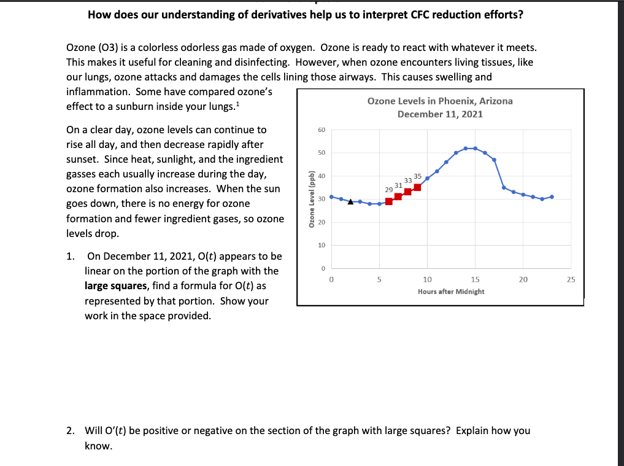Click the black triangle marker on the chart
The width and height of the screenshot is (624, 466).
coord(350,201)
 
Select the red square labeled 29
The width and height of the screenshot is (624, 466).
coord(389,201)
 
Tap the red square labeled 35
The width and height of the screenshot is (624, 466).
coord(417,187)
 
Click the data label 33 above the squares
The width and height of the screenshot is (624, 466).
coord(408,181)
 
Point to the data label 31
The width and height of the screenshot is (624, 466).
coord(398,185)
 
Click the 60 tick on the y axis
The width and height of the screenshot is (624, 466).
coord(322,130)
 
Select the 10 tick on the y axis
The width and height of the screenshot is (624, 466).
coord(322,246)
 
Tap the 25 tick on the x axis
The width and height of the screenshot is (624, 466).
coord(571,279)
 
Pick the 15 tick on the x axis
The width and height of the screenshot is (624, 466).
coord(475,279)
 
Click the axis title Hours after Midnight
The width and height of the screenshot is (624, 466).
coord(451,292)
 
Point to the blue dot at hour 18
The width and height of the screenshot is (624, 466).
coord(504,187)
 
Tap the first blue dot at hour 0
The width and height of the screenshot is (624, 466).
coord(331,196)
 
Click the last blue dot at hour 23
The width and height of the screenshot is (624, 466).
coord(552,196)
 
